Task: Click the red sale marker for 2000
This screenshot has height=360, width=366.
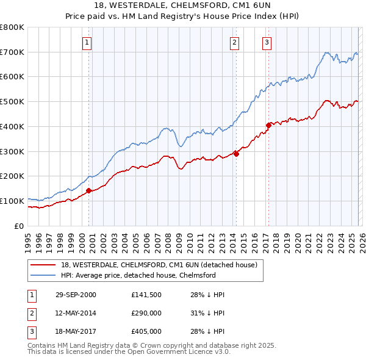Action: click(x=89, y=190)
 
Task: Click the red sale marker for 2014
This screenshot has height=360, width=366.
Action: click(x=236, y=154)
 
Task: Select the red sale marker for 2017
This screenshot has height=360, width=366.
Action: click(x=268, y=125)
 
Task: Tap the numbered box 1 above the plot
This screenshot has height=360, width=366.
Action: click(x=88, y=42)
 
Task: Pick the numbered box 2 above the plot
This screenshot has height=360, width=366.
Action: click(x=235, y=42)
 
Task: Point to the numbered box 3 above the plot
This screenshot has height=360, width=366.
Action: click(x=267, y=42)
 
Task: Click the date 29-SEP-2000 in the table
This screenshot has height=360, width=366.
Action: click(x=76, y=295)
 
